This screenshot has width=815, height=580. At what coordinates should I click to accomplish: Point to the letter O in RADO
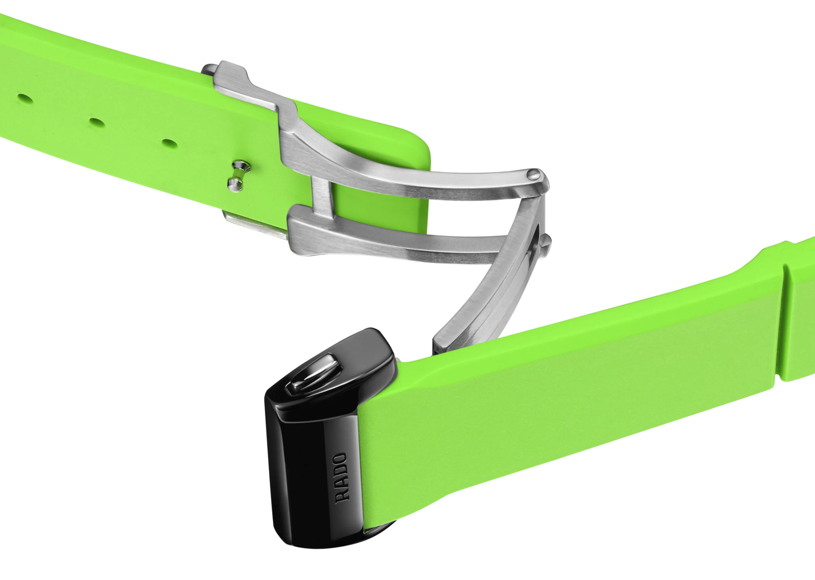point(340,459)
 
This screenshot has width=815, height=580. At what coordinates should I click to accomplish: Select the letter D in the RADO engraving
point(341,471)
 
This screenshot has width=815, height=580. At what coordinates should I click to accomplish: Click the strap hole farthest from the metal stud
point(25,99)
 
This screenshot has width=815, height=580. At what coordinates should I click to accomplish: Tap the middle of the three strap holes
point(97,122)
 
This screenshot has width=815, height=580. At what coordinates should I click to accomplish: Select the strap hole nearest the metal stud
point(169,144)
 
